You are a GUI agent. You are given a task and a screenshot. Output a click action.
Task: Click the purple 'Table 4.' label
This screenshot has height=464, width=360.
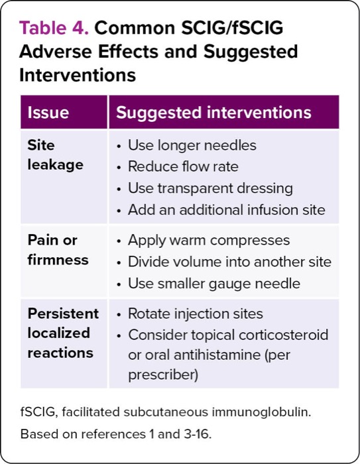pos(54,28)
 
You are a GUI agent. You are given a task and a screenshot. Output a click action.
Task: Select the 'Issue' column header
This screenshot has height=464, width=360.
pos(48,113)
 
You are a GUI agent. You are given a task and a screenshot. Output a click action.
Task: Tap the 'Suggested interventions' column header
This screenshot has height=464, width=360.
pos(213,113)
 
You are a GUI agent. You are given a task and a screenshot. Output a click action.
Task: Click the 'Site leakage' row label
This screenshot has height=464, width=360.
pos(56,154)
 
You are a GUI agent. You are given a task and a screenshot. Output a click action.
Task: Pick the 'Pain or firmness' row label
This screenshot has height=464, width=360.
pos(58,250)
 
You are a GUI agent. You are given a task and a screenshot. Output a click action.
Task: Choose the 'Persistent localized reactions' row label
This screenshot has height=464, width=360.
pos(63,333)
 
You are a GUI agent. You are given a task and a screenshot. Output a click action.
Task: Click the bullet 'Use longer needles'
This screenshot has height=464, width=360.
pos(192,145)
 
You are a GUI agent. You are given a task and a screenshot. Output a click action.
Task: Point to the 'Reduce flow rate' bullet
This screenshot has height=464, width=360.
pos(183,166)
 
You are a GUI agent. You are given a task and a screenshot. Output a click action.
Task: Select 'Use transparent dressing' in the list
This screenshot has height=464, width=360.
pos(210,188)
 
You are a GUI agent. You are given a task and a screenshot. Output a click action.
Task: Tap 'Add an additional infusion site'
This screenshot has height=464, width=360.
pos(227,210)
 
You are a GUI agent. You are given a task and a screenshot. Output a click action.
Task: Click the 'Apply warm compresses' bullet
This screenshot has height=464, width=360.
pos(209,240)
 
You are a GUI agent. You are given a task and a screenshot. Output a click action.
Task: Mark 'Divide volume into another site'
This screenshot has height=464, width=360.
pos(229,262)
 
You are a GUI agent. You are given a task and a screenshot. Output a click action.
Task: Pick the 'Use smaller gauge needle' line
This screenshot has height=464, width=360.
pos(214,284)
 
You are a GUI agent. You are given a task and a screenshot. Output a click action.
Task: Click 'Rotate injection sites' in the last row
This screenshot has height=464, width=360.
pos(196,314)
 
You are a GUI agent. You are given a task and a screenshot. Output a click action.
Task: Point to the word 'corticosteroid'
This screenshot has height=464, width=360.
pos(283,335)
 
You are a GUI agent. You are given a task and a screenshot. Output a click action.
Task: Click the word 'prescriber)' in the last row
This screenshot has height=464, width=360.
pos(163,375)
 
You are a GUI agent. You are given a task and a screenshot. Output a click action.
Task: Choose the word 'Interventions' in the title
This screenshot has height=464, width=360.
pos(78,75)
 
